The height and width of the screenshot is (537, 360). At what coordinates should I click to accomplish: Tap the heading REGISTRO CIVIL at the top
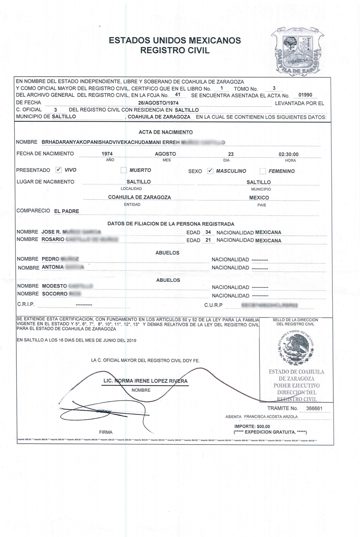pyautogui.click(x=175, y=50)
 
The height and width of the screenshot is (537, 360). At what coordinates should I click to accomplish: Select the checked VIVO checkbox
pyautogui.click(x=59, y=170)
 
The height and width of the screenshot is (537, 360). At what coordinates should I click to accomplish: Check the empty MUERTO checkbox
pyautogui.click(x=123, y=170)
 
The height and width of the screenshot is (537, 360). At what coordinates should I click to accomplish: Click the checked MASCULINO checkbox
pyautogui.click(x=210, y=171)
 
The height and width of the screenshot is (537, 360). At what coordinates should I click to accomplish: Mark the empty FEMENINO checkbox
pyautogui.click(x=263, y=171)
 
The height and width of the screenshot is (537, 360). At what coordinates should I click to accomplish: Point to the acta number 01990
pyautogui.click(x=305, y=95)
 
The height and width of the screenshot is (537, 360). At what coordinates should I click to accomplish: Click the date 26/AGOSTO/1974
pyautogui.click(x=158, y=103)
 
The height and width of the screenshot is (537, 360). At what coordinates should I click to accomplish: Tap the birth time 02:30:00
pyautogui.click(x=288, y=154)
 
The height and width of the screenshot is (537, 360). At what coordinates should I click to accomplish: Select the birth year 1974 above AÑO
pyautogui.click(x=107, y=154)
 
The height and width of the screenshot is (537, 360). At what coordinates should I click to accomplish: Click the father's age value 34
pyautogui.click(x=208, y=232)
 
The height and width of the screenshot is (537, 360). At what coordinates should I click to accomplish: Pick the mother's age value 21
pyautogui.click(x=208, y=240)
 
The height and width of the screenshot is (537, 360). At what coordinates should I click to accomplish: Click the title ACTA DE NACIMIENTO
pyautogui.click(x=166, y=132)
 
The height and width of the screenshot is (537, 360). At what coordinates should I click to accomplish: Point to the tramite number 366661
pyautogui.click(x=314, y=408)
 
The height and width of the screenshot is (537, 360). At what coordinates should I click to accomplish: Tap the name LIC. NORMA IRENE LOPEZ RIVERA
pyautogui.click(x=145, y=381)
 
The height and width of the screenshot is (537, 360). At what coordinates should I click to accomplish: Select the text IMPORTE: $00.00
pyautogui.click(x=252, y=427)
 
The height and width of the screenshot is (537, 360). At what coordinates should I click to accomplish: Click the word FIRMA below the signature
pyautogui.click(x=106, y=432)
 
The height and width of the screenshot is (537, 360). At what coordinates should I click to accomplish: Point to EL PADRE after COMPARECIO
pyautogui.click(x=66, y=211)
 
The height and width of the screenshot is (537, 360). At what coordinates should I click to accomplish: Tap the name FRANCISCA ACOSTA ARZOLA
pyautogui.click(x=271, y=417)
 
